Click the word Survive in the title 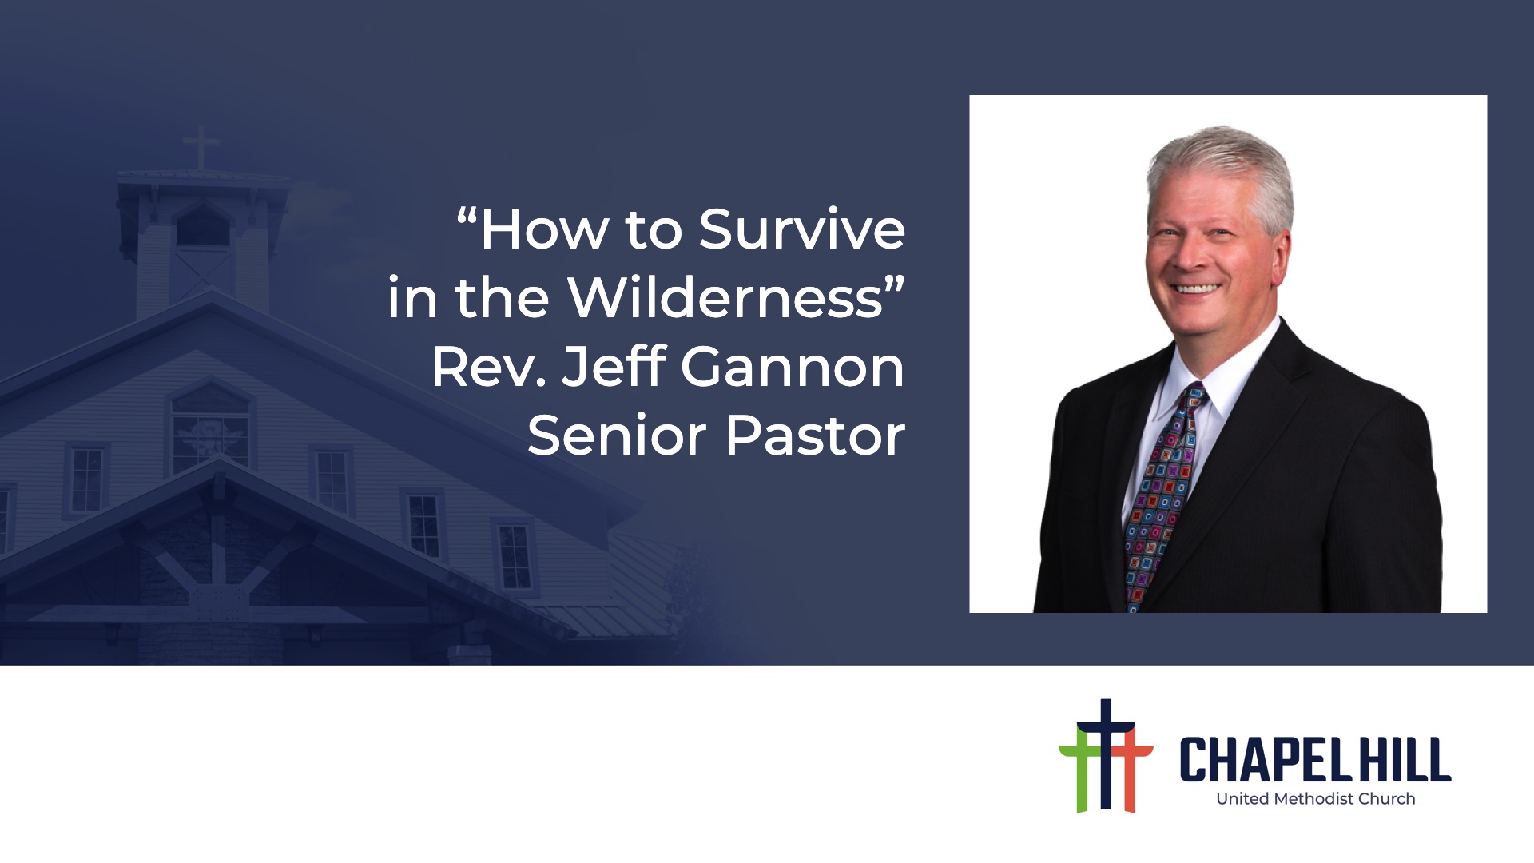pyautogui.click(x=802, y=230)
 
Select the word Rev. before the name pyautogui.click(x=489, y=368)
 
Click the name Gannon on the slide pyautogui.click(x=793, y=368)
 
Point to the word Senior pyautogui.click(x=617, y=436)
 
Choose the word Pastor pyautogui.click(x=816, y=436)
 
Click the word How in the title pyautogui.click(x=545, y=230)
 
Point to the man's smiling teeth pyautogui.click(x=1196, y=289)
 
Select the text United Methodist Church pyautogui.click(x=1315, y=798)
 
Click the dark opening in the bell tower pyautogui.click(x=203, y=227)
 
